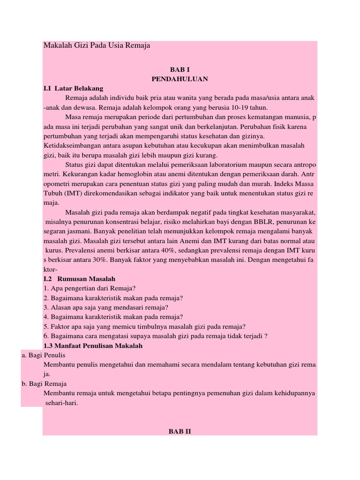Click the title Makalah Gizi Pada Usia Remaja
pyautogui.click(x=97, y=46)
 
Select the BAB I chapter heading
pyautogui.click(x=180, y=68)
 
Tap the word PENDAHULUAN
pyautogui.click(x=180, y=78)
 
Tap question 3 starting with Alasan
pyautogui.click(x=106, y=307)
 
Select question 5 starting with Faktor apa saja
pyautogui.click(x=145, y=327)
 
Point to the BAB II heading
pyautogui.click(x=180, y=431)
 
